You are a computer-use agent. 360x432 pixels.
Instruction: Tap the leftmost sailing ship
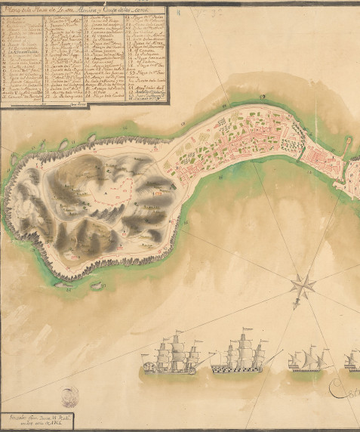[173, 356]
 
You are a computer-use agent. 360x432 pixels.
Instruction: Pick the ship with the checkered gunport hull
[240, 356]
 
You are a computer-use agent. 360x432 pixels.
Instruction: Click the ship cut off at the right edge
[353, 359]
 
